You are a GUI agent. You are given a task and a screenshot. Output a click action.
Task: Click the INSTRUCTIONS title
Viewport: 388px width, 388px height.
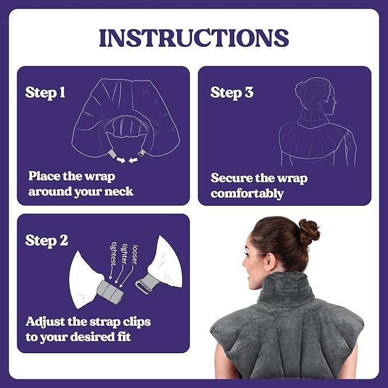194,38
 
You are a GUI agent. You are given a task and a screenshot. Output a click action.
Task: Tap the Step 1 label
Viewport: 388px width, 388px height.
45,93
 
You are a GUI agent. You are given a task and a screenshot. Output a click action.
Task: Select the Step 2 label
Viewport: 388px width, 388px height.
46,241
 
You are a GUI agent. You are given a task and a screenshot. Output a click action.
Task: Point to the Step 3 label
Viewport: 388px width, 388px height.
232,93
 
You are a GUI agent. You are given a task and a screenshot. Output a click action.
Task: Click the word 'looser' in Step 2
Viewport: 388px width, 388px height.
135,255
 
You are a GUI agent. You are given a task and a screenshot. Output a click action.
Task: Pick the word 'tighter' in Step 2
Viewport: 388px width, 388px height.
125,254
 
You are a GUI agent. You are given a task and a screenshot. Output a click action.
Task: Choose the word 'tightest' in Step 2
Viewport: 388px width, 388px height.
114,254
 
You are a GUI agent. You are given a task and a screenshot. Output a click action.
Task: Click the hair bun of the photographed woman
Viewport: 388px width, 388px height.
309,232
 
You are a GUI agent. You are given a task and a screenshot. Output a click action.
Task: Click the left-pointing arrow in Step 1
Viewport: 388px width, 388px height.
133,161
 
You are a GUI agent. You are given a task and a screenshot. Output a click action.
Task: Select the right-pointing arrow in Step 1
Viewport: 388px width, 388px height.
121,161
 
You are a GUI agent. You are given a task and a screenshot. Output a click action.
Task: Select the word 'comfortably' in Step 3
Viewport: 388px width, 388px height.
247,194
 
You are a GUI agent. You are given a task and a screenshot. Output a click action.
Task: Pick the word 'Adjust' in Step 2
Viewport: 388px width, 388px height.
42,322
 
